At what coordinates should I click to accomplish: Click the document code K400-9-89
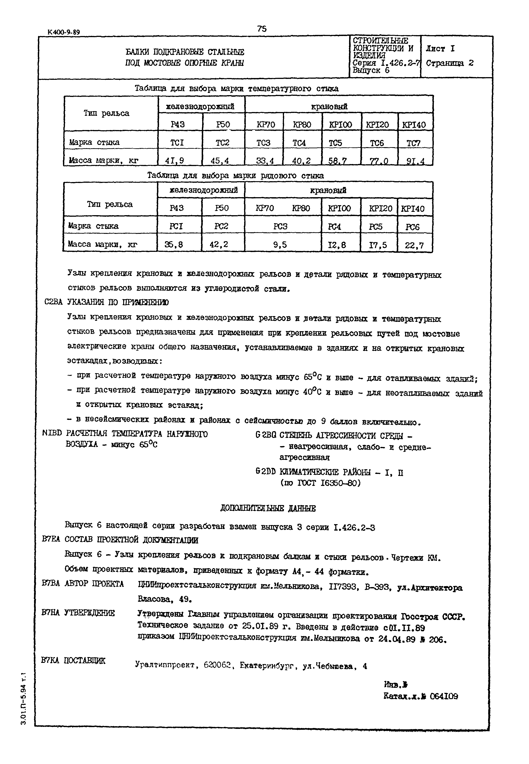64,32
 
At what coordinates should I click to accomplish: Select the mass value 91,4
415,161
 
